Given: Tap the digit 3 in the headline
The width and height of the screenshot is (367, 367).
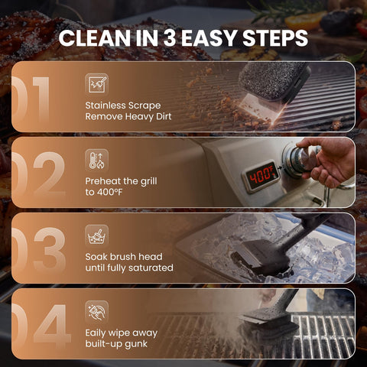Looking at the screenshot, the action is [170, 38].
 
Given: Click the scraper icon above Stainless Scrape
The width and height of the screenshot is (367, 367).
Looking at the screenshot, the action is [97, 85].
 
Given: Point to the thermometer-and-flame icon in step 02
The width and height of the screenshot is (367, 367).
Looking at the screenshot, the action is [97, 161].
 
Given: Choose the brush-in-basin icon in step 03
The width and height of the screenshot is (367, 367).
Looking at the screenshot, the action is [97, 236].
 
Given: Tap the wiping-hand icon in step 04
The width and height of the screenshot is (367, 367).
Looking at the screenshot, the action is [97, 312].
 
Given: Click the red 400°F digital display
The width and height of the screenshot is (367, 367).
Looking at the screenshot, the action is [261, 176].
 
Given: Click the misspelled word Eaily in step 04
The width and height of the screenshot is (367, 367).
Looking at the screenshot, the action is [95, 333].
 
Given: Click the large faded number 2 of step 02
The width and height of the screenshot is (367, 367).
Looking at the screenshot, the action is [49, 174].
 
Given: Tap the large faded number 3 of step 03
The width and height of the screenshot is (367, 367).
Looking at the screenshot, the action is [50, 249].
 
